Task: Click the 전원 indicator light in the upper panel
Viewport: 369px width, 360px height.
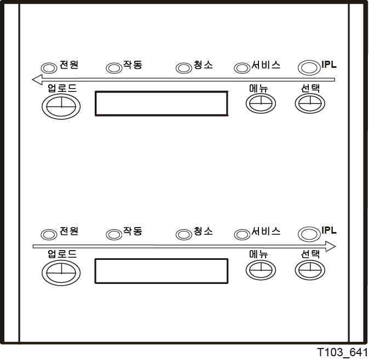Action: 49,68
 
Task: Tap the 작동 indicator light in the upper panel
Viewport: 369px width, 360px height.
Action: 114,68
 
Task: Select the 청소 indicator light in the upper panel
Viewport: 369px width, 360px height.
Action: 184,68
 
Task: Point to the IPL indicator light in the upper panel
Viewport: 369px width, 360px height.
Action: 309,68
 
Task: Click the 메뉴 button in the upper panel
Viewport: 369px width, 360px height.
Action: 261,103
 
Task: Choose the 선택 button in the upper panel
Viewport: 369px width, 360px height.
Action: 310,103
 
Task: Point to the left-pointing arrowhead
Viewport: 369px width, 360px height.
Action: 37,79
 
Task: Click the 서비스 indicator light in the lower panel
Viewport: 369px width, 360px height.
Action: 242,234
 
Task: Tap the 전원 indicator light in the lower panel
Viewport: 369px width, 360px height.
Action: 49,234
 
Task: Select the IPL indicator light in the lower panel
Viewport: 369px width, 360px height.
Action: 309,234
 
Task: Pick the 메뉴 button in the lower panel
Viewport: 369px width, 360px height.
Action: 261,270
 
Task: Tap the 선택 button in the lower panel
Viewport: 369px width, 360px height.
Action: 310,270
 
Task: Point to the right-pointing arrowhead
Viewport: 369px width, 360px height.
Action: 331,246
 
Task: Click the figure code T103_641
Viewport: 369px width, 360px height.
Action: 342,352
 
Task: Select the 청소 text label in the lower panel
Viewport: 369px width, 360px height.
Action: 203,231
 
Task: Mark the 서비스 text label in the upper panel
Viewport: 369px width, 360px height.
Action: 266,65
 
